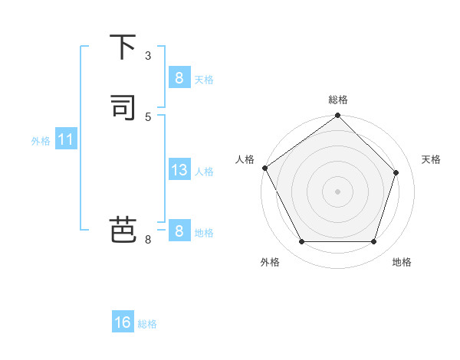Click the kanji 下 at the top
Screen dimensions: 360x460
(123, 47)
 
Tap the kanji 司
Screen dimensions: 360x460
(123, 107)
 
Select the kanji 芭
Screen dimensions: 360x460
(123, 230)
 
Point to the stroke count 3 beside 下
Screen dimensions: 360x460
(148, 55)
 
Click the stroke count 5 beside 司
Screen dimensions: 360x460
(148, 116)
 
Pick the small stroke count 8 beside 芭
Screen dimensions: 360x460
(148, 240)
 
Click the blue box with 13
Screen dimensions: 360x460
(179, 170)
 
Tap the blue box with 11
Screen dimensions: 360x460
(65, 140)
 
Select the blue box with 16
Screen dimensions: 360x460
(123, 322)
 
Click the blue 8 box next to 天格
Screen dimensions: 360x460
(179, 77)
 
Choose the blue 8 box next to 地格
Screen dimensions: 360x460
(179, 231)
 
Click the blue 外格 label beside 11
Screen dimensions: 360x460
(41, 141)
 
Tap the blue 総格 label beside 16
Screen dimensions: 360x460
(147, 324)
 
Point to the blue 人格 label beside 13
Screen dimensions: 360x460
(204, 172)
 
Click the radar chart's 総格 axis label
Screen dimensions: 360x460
(338, 100)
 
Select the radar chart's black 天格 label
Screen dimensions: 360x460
(431, 159)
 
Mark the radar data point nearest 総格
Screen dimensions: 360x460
(337, 116)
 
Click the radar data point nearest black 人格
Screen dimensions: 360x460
(265, 168)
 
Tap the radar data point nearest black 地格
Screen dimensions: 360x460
(373, 242)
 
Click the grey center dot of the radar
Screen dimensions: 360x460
(337, 191)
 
